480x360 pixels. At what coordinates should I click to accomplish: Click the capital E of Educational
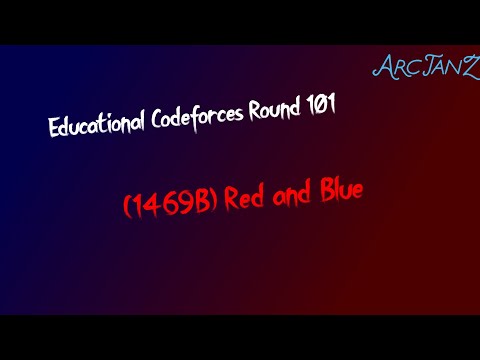[54, 129]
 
